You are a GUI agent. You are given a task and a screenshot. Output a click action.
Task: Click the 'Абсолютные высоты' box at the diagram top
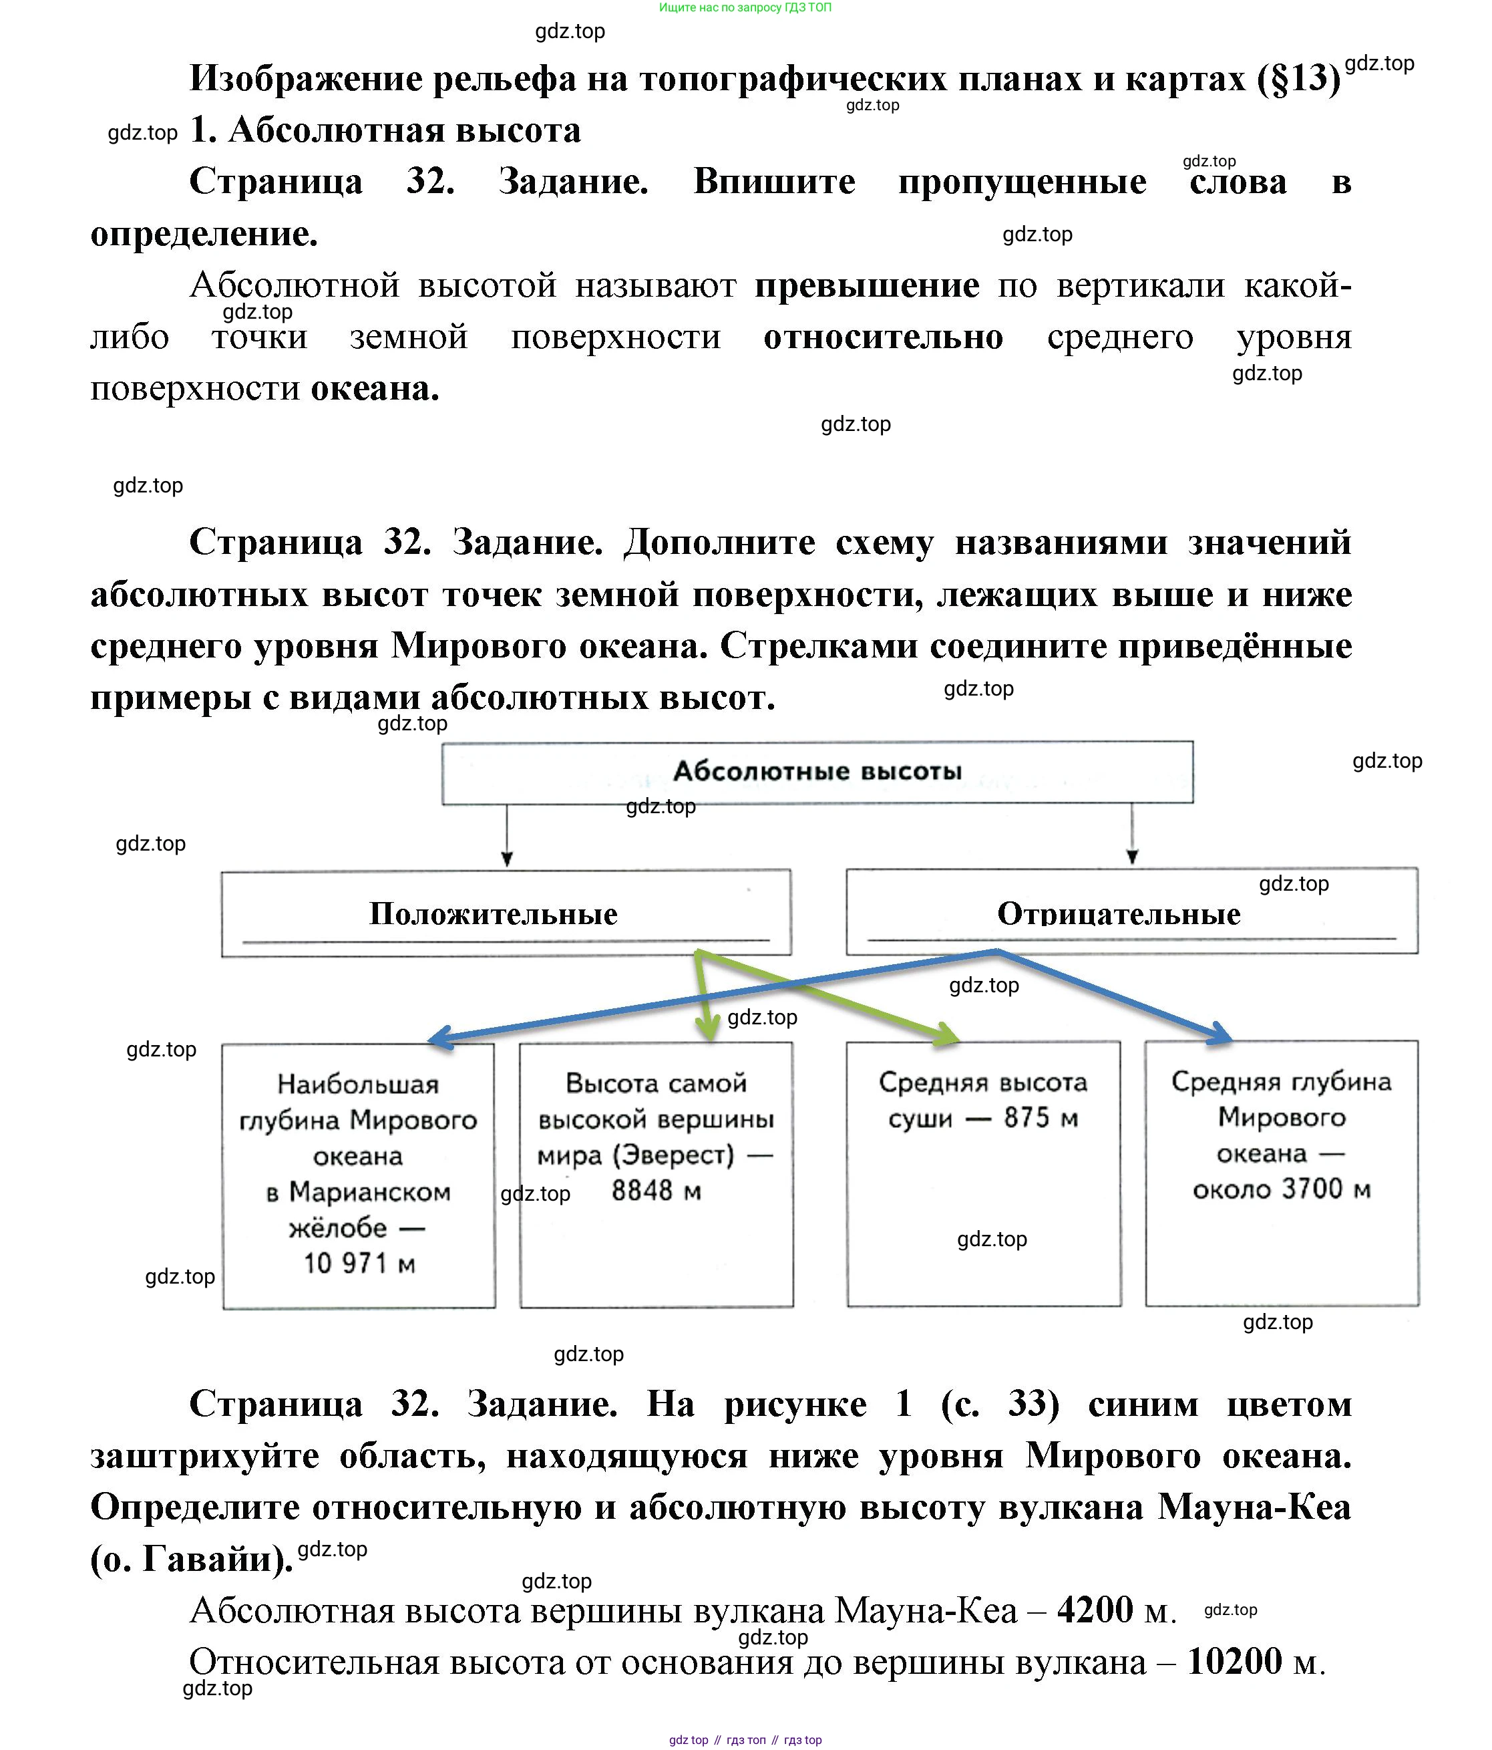point(817,771)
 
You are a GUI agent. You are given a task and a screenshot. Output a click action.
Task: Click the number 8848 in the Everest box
point(642,1190)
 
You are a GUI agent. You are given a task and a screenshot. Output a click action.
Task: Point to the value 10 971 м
point(359,1263)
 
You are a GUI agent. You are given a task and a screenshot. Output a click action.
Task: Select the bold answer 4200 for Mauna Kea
point(1095,1609)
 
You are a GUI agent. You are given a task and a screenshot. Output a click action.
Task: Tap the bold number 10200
point(1234,1661)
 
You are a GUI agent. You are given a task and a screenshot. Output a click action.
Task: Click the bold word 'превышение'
point(866,285)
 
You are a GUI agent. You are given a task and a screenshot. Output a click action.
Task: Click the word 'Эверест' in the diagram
point(674,1154)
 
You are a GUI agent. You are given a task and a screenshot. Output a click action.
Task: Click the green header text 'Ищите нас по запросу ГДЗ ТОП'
point(745,7)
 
